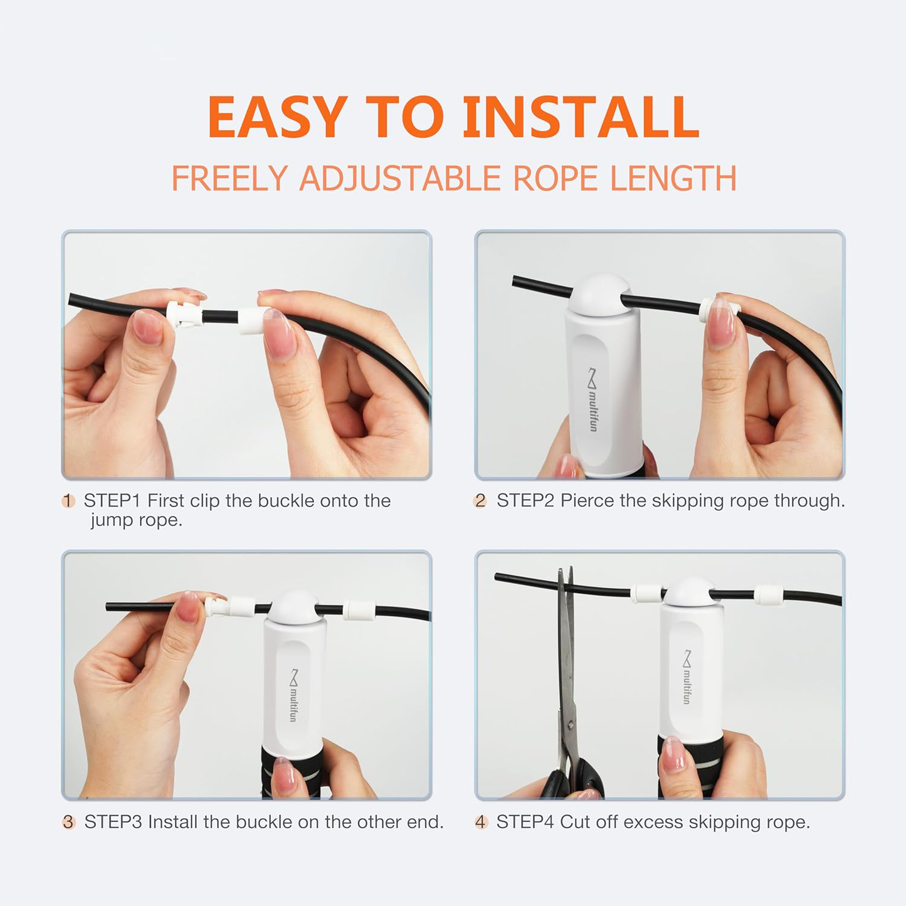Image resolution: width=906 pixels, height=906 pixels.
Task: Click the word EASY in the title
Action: click(x=277, y=117)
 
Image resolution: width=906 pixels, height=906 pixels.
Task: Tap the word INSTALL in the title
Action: click(x=580, y=117)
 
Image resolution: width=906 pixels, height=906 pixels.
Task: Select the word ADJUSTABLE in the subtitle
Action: click(x=400, y=179)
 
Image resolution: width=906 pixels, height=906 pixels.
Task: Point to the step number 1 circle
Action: click(x=68, y=501)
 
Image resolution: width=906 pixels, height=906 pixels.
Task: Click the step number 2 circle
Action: click(x=480, y=501)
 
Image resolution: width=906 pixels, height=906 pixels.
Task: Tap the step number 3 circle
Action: click(x=68, y=822)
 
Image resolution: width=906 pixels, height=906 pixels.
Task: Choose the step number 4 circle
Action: click(x=481, y=822)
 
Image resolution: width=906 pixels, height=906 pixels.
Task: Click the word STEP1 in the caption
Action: click(x=113, y=501)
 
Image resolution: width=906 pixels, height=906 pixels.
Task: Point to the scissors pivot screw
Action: click(x=571, y=724)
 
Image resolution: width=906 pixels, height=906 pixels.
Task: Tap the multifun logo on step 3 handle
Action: click(x=293, y=695)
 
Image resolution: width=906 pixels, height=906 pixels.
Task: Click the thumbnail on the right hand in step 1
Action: click(x=278, y=334)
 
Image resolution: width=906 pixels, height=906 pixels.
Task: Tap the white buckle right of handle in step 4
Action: click(x=767, y=595)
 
